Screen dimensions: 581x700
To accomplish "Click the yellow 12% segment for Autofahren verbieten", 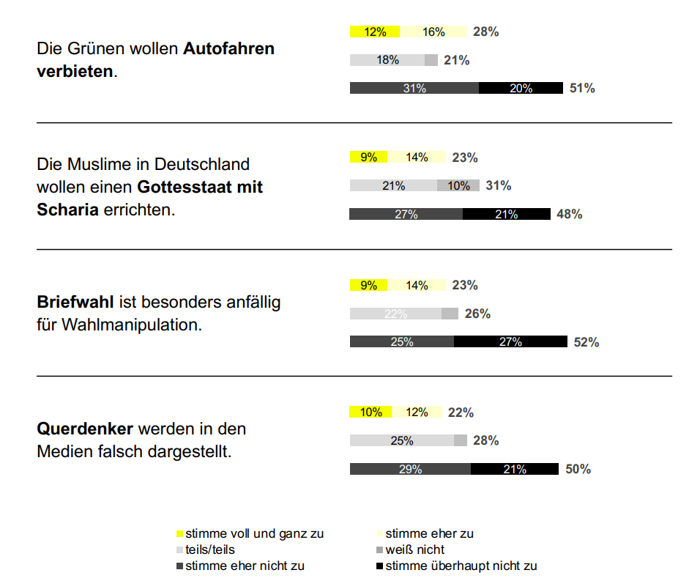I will [x=374, y=32].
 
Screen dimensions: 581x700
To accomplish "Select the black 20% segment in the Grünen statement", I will [x=521, y=89].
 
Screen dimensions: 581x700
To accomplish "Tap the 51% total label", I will [x=582, y=89].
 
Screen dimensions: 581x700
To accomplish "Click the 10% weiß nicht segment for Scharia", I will [x=458, y=186].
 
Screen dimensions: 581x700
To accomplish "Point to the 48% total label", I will [x=570, y=215].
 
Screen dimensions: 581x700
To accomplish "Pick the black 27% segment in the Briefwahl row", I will [x=510, y=342].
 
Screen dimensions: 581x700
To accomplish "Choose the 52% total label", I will [x=587, y=342].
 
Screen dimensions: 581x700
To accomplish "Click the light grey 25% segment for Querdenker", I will [x=401, y=441].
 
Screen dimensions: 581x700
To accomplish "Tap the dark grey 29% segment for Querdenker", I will [x=410, y=470].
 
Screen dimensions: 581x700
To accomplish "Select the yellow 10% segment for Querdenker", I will [x=371, y=412].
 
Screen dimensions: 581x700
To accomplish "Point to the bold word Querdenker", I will [x=85, y=429].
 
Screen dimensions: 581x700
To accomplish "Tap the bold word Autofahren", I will [x=228, y=50].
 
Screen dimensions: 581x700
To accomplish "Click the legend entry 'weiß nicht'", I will [x=414, y=549].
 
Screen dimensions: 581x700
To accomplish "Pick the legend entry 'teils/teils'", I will [x=210, y=549].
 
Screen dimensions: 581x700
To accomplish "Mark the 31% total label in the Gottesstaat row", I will [x=499, y=186].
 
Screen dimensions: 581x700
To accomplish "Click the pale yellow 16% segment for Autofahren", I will [x=433, y=32].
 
